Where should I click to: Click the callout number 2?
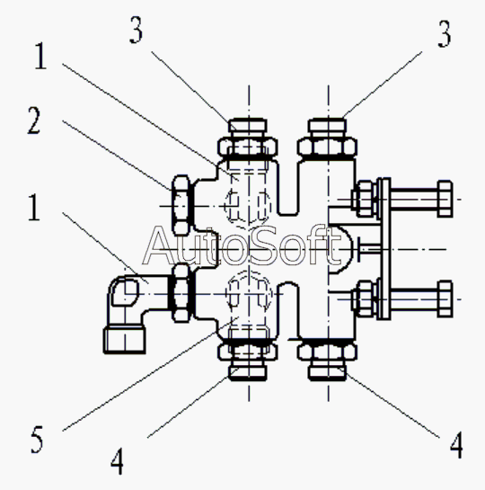[x=34, y=120]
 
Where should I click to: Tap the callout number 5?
[x=37, y=440]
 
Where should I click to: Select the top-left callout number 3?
[x=137, y=30]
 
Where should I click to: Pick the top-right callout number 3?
[x=445, y=34]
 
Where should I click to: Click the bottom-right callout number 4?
[x=456, y=445]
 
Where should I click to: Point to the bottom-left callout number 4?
[x=117, y=461]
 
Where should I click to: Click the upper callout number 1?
[x=40, y=56]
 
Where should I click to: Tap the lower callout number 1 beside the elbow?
[x=34, y=207]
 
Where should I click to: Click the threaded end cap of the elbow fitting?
[x=125, y=340]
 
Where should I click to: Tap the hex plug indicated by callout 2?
[x=181, y=205]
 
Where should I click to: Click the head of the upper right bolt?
[x=445, y=199]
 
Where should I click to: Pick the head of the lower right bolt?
[x=445, y=299]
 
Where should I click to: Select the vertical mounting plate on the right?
[x=384, y=249]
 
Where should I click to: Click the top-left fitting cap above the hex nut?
[x=248, y=125]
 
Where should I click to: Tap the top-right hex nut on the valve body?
[x=327, y=147]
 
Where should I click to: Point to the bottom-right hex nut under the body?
[x=327, y=352]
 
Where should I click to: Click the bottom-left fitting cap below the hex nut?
[x=248, y=373]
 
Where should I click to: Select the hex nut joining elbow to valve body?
[x=181, y=293]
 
